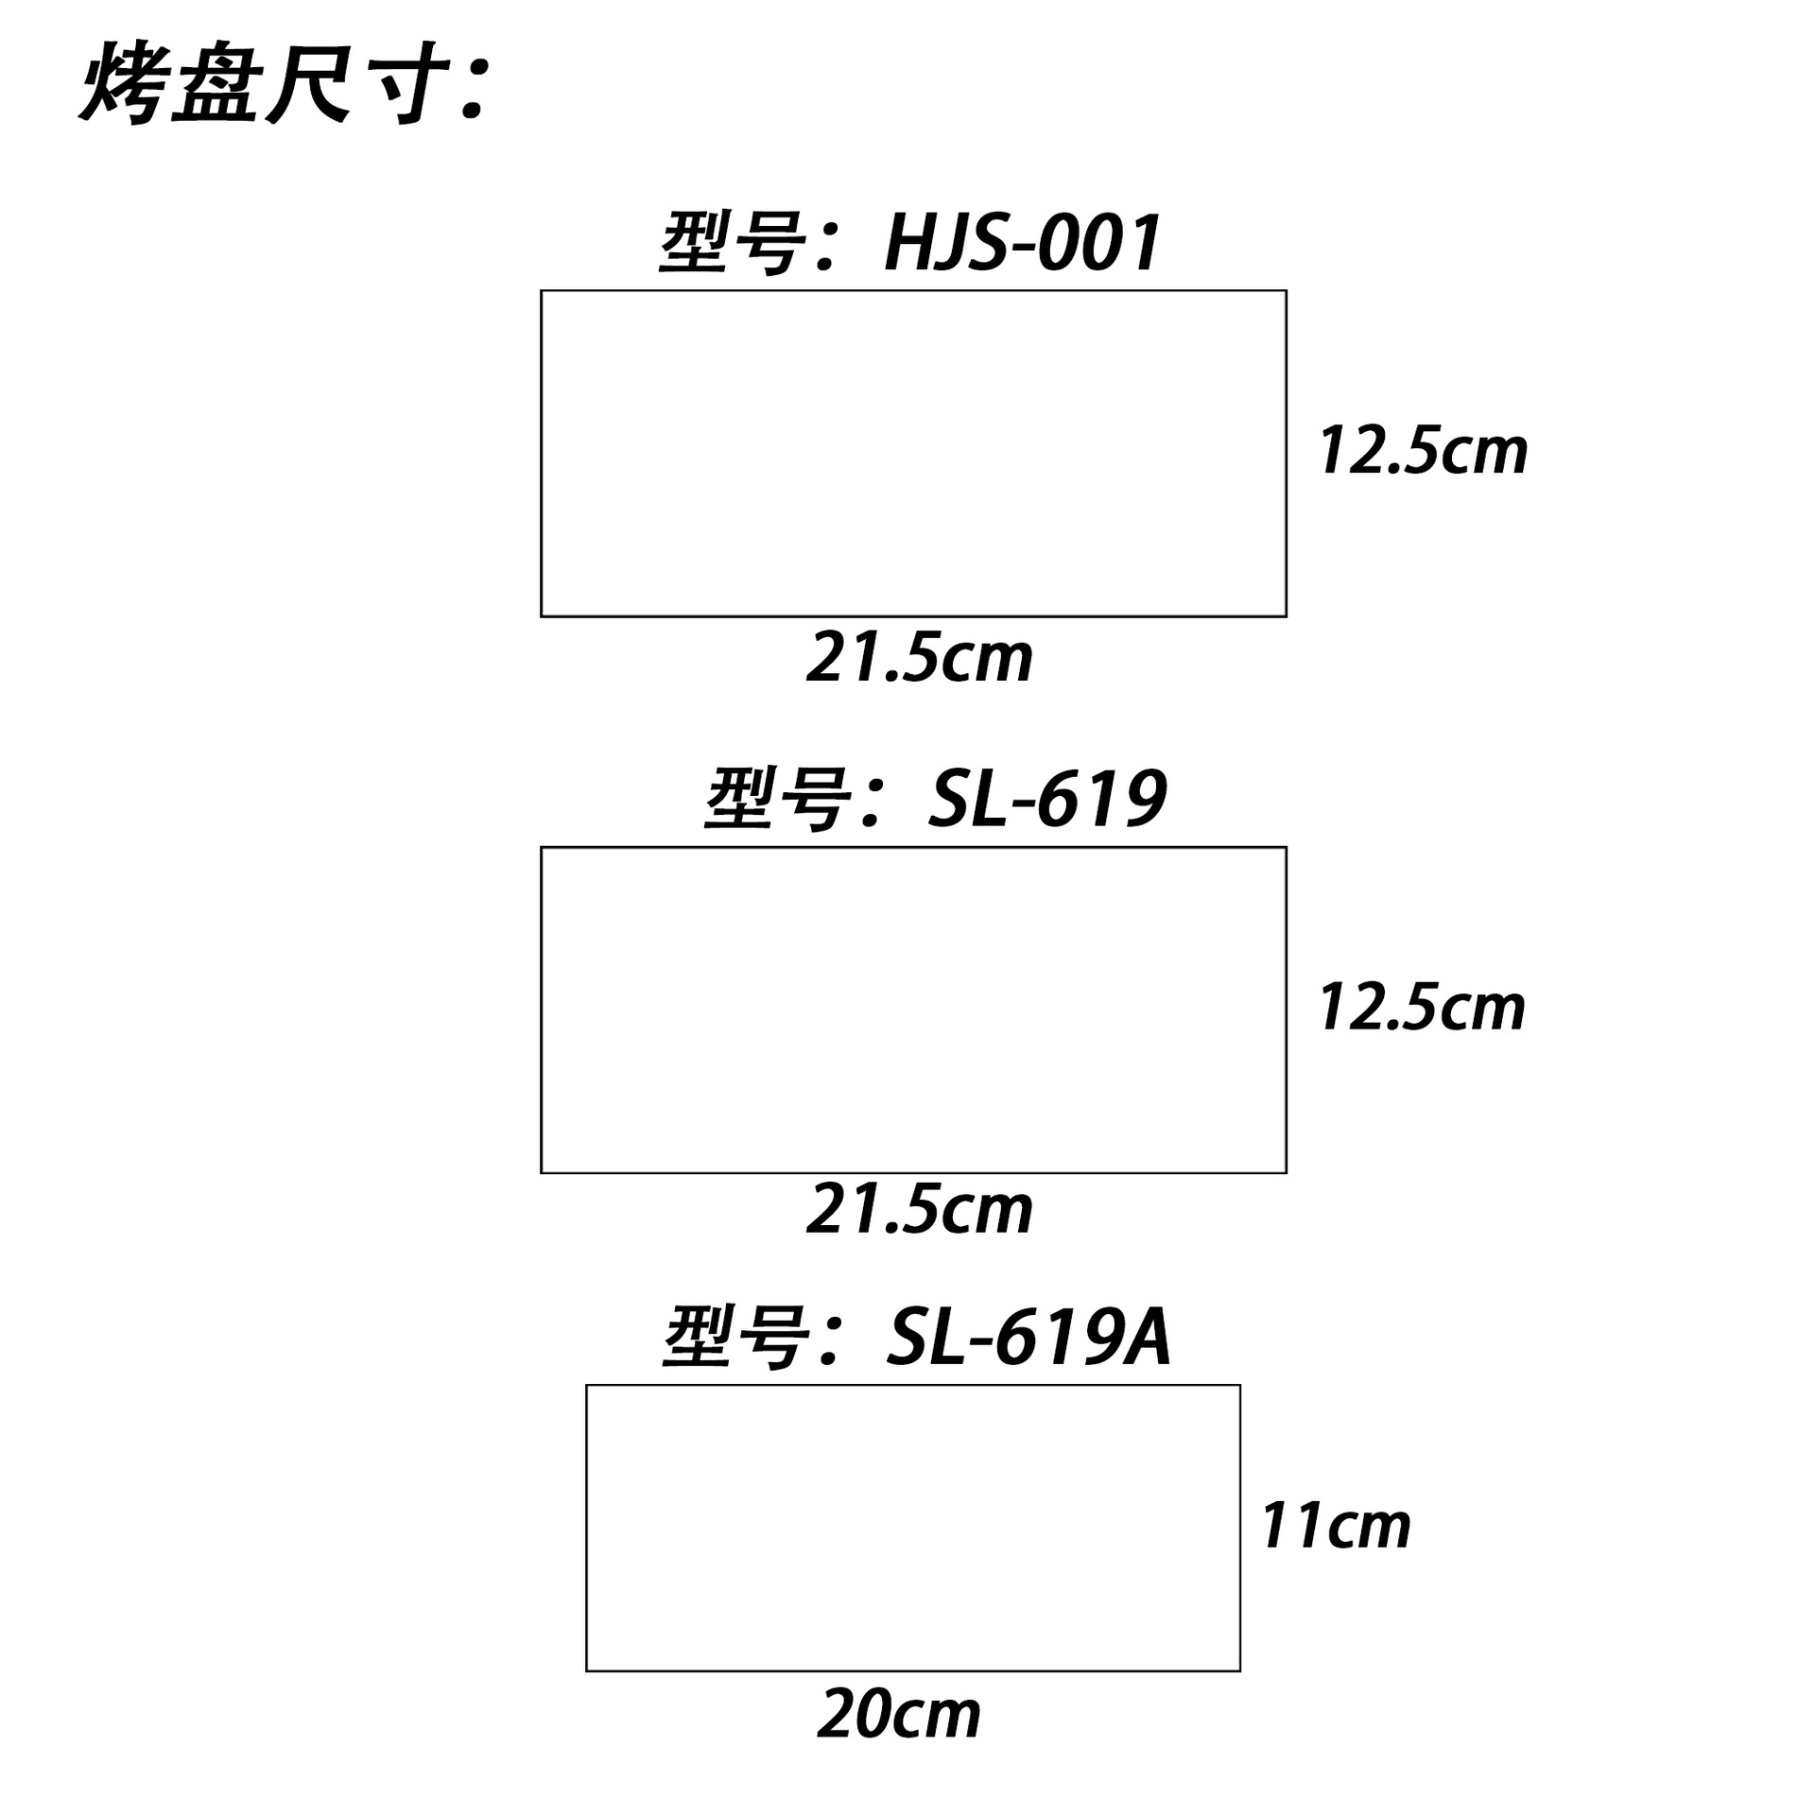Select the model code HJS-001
click(x=1022, y=244)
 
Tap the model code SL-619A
click(x=1028, y=1339)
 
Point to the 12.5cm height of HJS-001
click(x=1423, y=451)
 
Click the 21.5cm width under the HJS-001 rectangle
click(x=919, y=659)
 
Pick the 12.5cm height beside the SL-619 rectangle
click(x=1422, y=1008)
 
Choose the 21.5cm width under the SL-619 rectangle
click(x=919, y=1211)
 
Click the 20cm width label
click(x=899, y=1715)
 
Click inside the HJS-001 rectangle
click(x=913, y=454)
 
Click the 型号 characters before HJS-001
click(x=733, y=244)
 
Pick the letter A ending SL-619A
click(x=1145, y=1339)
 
